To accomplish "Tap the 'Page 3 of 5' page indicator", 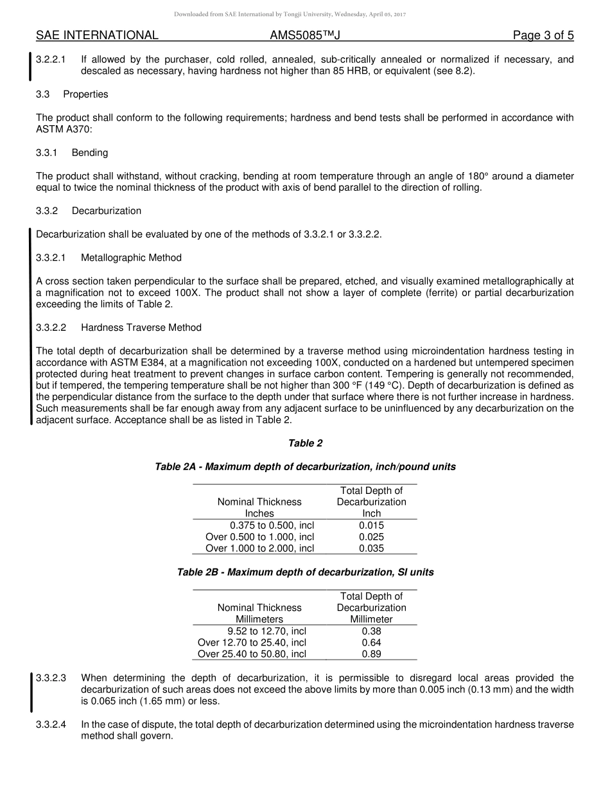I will pos(543,35).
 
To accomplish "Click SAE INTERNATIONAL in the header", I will pos(97,35).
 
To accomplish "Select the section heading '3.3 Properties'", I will pos(72,94).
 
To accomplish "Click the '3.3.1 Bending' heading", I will pos(72,153).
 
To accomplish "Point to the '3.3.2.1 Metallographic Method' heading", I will pos(109,258).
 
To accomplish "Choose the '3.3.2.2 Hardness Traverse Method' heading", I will pos(119,328).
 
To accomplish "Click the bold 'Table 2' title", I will pos(305,443).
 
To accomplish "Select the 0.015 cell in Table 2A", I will pos(371,525).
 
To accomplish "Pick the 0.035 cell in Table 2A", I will pos(371,549).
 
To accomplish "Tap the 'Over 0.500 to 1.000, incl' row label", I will pos(259,537).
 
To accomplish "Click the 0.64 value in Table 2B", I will pos(371,642).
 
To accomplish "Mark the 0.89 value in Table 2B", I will pos(371,654).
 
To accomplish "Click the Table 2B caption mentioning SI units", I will pos(305,572).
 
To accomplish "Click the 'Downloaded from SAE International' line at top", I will pos(305,14).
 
